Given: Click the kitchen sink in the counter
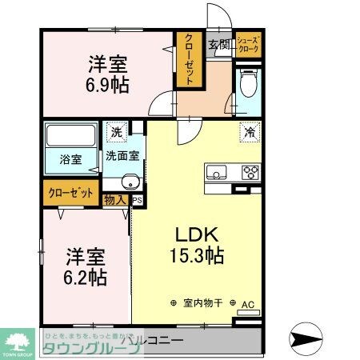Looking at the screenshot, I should (x=216, y=172).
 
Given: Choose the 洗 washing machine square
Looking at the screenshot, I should (x=116, y=132).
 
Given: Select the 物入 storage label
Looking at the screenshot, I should (x=115, y=199).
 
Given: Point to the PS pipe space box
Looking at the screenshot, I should (x=137, y=200).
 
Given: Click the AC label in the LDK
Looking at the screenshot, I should (x=246, y=305).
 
